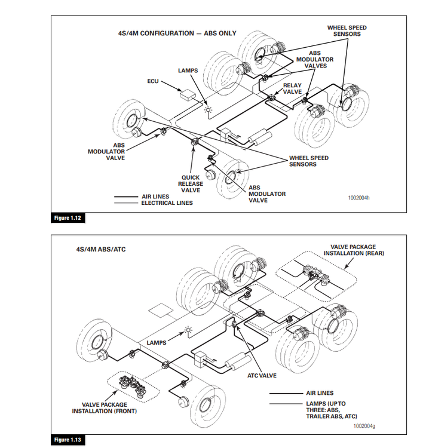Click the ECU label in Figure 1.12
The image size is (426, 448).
coord(152,81)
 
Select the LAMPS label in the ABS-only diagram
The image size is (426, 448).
coord(188,70)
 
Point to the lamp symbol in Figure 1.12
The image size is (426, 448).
coord(208,109)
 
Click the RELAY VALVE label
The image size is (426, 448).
coord(292,89)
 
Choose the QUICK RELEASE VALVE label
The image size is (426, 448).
coord(190,184)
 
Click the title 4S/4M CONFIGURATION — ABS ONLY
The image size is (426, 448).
coord(177,33)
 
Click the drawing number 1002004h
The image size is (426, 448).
coord(359,197)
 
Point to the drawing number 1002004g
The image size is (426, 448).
coord(364,426)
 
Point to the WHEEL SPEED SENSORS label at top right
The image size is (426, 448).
coord(347,31)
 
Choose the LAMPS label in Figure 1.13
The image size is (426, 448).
coord(156,343)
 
